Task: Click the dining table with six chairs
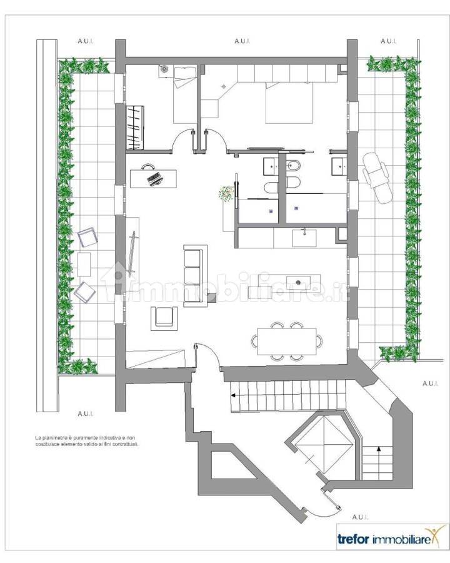(287, 341)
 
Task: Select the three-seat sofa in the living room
(194, 276)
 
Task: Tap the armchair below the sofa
(164, 317)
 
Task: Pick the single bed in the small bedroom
(185, 95)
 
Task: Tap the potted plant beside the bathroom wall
(226, 194)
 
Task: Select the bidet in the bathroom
(293, 166)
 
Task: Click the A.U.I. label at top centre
(242, 41)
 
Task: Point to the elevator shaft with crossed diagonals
(324, 445)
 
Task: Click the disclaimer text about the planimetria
(86, 440)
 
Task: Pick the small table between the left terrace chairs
(84, 264)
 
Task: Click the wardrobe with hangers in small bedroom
(135, 127)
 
